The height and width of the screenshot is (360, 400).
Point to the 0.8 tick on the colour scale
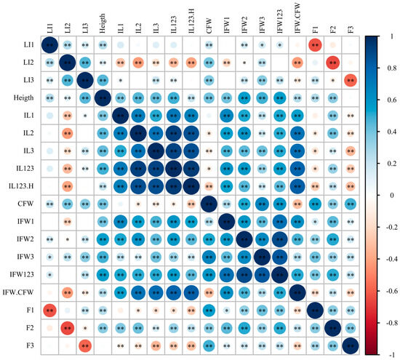point(391,67)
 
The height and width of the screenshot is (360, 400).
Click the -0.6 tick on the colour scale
point(390,290)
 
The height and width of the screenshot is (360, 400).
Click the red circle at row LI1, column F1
point(315,46)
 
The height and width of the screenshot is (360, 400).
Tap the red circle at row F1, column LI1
point(49,311)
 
